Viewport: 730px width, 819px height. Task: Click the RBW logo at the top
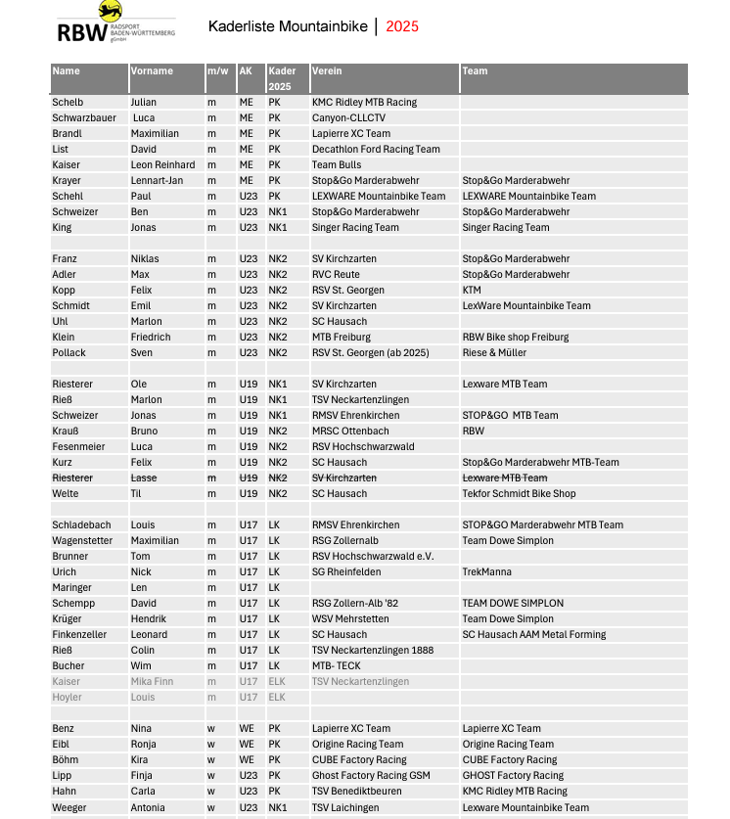coord(115,23)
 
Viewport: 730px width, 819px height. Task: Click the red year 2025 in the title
coord(402,26)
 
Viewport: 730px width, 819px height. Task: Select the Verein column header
coord(327,71)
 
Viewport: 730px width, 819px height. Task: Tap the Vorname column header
coord(152,71)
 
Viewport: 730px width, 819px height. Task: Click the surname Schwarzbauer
coord(84,117)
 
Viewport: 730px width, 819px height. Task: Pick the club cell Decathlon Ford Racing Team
coord(376,149)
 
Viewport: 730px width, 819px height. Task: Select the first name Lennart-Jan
coord(157,180)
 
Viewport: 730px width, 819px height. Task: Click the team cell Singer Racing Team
coord(506,227)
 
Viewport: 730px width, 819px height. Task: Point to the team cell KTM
coord(472,290)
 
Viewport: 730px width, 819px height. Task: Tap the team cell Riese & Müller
coord(494,352)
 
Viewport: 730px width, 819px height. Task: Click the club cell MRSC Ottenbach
coord(350,431)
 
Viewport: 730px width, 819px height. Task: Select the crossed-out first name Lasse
coord(144,478)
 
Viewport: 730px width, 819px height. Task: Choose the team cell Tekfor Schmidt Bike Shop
coord(519,493)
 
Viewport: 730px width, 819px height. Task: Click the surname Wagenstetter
coord(81,540)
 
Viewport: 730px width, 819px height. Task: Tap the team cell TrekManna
coord(487,571)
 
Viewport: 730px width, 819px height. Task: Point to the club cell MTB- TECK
coord(338,665)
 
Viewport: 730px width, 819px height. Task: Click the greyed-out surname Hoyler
coord(68,697)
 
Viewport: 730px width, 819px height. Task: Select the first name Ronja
coord(144,744)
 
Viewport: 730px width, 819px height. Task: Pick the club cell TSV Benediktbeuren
coord(357,791)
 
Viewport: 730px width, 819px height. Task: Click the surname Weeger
coord(69,807)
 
